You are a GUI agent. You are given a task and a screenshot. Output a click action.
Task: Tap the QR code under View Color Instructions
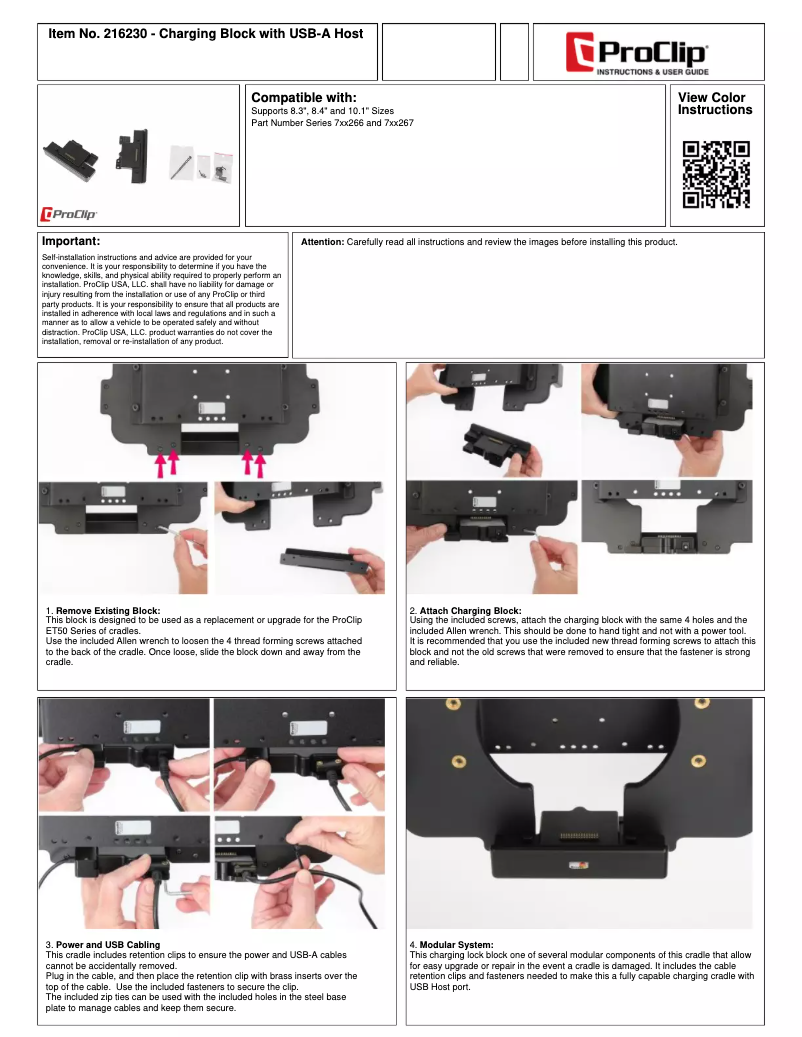pyautogui.click(x=716, y=174)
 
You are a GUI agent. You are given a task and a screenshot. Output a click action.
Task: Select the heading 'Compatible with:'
pyautogui.click(x=304, y=97)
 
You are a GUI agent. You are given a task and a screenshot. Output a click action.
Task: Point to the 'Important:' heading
pyautogui.click(x=71, y=242)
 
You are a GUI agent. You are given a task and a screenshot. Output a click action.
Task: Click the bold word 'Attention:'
pyautogui.click(x=322, y=242)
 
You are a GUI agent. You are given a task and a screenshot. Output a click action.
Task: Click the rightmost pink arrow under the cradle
pyautogui.click(x=262, y=465)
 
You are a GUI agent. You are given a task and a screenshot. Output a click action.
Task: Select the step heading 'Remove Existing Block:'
pyautogui.click(x=108, y=610)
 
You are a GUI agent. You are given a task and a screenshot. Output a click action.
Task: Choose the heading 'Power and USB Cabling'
pyautogui.click(x=108, y=944)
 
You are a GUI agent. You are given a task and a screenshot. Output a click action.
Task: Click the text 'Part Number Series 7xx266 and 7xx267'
pyautogui.click(x=332, y=123)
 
